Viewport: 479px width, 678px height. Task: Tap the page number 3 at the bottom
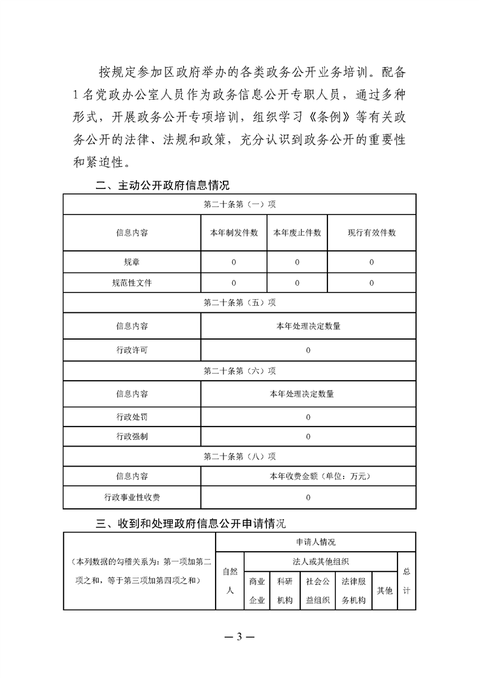pyautogui.click(x=239, y=638)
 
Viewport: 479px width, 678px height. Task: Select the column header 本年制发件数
pyautogui.click(x=234, y=233)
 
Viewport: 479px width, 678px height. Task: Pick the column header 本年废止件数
pyautogui.click(x=297, y=233)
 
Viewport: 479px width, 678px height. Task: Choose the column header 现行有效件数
pyautogui.click(x=371, y=233)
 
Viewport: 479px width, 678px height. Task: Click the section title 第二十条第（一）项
pyautogui.click(x=239, y=204)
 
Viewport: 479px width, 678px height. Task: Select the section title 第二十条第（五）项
pyautogui.click(x=239, y=303)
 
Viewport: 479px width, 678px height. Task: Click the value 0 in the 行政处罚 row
pyautogui.click(x=308, y=417)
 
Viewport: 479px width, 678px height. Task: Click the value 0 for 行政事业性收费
pyautogui.click(x=308, y=497)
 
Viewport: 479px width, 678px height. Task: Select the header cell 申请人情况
pyautogui.click(x=315, y=542)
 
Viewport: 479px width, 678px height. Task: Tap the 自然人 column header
pyautogui.click(x=230, y=581)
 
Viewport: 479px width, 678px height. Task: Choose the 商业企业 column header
pyautogui.click(x=257, y=591)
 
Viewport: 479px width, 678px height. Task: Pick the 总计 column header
pyautogui.click(x=407, y=581)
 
